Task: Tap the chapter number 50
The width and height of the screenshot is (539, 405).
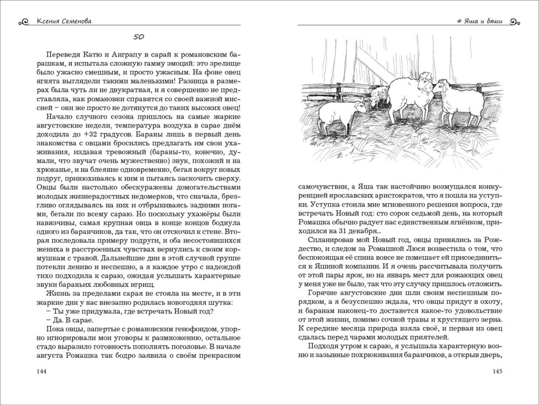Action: [139, 37]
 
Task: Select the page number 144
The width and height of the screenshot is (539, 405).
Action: [42, 371]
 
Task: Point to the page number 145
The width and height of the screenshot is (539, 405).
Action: [497, 371]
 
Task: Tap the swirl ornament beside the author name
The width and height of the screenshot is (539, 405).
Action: [24, 22]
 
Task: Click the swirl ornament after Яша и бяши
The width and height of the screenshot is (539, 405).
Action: [514, 22]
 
